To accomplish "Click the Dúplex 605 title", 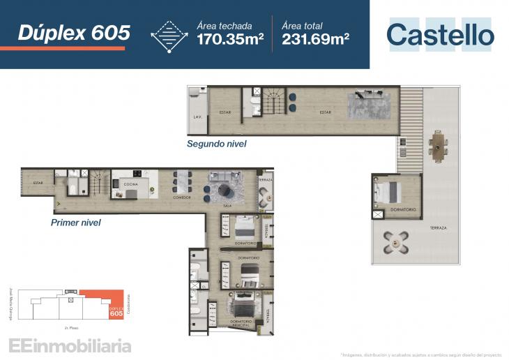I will point(74,32).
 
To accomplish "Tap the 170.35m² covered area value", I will point(229,38).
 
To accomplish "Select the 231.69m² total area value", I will point(315,38).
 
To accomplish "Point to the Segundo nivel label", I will point(216,144).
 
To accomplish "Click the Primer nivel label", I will point(76,223).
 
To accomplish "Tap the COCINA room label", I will point(130,184).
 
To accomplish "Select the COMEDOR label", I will point(182,197).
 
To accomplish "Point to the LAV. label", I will point(197,117).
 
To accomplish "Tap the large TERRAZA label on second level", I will point(438,228).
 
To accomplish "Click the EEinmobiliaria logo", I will point(70,345).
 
